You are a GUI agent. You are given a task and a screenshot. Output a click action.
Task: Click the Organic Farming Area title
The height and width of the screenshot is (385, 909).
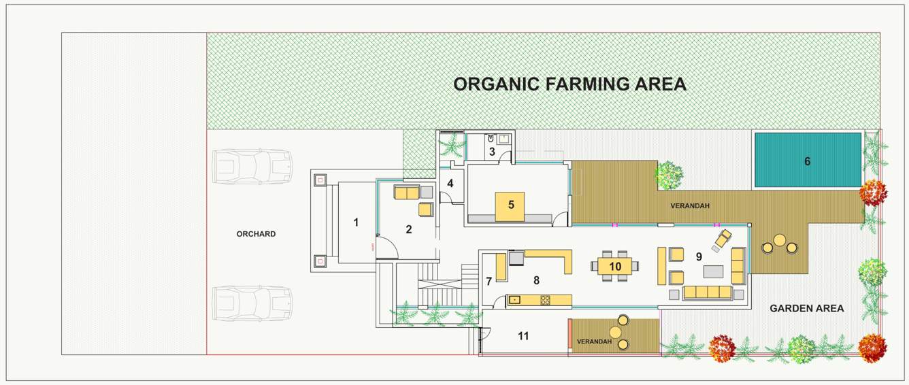click(x=569, y=84)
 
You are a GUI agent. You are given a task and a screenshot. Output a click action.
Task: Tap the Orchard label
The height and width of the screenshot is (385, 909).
click(x=256, y=234)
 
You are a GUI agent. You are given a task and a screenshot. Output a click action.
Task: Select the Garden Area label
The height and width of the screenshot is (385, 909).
click(x=807, y=309)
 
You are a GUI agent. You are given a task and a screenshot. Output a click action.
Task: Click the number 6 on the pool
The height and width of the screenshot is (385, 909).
click(x=807, y=161)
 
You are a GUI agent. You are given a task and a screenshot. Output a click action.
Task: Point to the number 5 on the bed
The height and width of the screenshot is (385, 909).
click(x=511, y=205)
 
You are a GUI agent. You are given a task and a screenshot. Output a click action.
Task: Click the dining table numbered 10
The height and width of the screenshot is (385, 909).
click(x=615, y=267)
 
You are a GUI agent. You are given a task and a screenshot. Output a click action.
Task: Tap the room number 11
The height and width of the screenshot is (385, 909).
click(x=523, y=336)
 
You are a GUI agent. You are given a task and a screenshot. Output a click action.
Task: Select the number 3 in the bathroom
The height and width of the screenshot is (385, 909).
click(x=492, y=152)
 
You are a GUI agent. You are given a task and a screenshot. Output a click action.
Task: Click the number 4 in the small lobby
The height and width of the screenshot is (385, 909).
click(x=450, y=184)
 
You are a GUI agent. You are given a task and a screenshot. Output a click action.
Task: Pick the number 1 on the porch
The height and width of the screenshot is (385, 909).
click(x=356, y=222)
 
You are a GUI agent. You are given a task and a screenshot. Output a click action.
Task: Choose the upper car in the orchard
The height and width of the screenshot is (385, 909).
click(x=252, y=167)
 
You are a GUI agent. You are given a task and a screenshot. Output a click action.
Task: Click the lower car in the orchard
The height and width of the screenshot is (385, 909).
click(x=252, y=303)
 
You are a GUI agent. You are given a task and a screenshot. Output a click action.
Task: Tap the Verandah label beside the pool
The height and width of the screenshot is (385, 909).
click(x=690, y=206)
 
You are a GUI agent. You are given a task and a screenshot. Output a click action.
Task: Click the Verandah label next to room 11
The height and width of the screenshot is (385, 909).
click(x=594, y=341)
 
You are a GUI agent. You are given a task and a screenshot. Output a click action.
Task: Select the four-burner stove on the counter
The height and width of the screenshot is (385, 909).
click(x=546, y=300)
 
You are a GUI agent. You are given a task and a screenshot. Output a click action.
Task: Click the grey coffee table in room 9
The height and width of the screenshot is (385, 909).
click(x=713, y=271)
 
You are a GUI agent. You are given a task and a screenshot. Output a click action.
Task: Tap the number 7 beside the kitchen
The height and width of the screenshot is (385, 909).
click(x=489, y=281)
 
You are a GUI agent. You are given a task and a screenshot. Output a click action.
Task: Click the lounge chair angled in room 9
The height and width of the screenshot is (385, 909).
click(x=722, y=240)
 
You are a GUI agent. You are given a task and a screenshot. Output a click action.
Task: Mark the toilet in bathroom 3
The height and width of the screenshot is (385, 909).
click(x=491, y=139)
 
